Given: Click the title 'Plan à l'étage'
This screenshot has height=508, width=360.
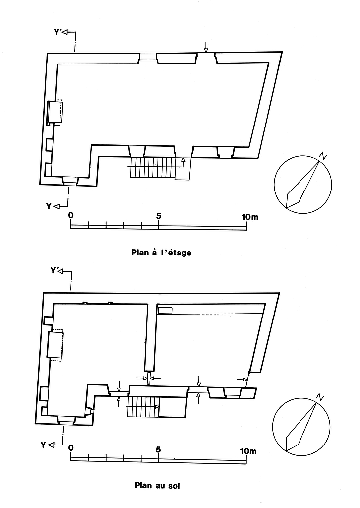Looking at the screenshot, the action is click(x=161, y=253).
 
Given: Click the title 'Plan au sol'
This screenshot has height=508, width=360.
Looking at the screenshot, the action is click(x=157, y=486).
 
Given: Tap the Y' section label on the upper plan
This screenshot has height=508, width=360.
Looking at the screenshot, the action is click(x=58, y=32).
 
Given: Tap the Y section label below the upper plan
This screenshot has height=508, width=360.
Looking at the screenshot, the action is click(x=49, y=206).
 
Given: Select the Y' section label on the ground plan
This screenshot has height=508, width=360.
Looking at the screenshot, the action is click(x=55, y=270).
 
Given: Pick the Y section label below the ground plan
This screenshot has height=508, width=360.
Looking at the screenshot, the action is click(x=43, y=445).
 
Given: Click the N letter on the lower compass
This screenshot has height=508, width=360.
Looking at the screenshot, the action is click(x=320, y=397).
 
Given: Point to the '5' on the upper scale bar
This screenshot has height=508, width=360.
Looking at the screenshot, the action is click(x=158, y=216).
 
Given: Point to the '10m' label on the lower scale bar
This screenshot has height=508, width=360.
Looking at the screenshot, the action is click(x=248, y=450).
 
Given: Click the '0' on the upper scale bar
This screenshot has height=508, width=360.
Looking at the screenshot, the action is click(x=71, y=215).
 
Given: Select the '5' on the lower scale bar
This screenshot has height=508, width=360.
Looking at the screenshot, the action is click(x=158, y=449).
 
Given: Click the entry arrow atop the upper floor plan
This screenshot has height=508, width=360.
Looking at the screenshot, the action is click(x=206, y=47).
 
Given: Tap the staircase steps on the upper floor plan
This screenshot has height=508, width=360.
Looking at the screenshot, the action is click(x=153, y=168).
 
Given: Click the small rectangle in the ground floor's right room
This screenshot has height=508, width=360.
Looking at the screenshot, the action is click(x=165, y=310).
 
